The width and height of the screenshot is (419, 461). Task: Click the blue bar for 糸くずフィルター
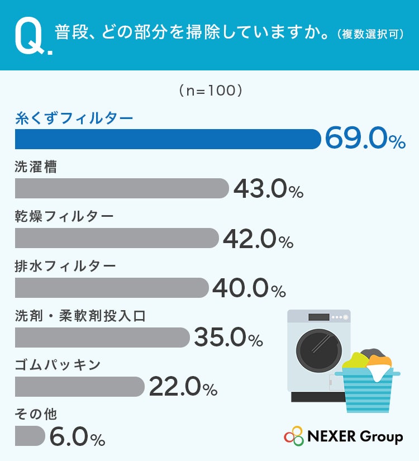coord(168,139)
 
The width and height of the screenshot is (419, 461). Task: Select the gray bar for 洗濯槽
coord(122,188)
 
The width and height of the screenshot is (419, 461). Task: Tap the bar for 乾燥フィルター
coord(117,238)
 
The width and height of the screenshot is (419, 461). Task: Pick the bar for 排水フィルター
coord(112,288)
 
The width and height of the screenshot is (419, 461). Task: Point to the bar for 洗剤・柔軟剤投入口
coord(102,337)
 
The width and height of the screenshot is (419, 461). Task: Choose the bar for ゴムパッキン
coord(80,387)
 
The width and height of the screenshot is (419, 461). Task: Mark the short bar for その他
coord(30,436)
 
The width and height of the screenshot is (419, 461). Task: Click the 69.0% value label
coord(365,138)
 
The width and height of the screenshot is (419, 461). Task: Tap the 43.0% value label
coord(268,188)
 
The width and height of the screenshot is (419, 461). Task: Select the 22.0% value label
coord(183,387)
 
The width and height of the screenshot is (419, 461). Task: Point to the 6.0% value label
coord(77,436)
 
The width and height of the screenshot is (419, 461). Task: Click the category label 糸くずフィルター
coord(74,118)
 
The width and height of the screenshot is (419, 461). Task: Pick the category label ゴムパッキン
coord(58,365)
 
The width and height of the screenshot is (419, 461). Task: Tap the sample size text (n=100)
coord(211,91)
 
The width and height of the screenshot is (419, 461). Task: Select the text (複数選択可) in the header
coord(371,34)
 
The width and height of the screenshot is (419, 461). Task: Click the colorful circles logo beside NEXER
coord(294,436)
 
